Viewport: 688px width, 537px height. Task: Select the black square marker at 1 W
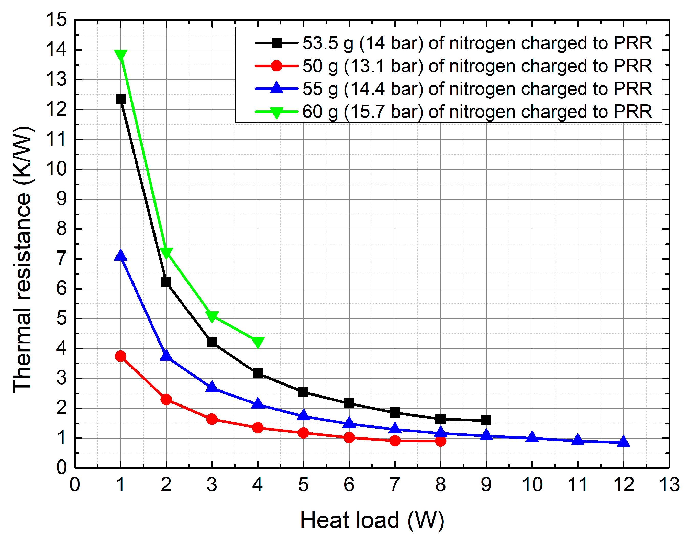pyautogui.click(x=121, y=99)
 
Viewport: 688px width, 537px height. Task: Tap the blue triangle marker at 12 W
pyautogui.click(x=624, y=442)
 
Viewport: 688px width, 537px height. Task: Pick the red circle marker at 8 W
pyautogui.click(x=440, y=441)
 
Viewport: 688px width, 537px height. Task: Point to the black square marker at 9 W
pyautogui.click(x=486, y=420)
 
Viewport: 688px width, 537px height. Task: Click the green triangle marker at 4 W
pyautogui.click(x=258, y=342)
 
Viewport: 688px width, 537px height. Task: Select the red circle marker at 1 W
pyautogui.click(x=121, y=356)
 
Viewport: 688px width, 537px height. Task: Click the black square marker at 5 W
pyautogui.click(x=303, y=392)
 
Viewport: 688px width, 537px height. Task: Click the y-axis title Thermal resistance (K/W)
pyautogui.click(x=23, y=260)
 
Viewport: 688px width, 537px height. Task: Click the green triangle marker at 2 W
pyautogui.click(x=166, y=253)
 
